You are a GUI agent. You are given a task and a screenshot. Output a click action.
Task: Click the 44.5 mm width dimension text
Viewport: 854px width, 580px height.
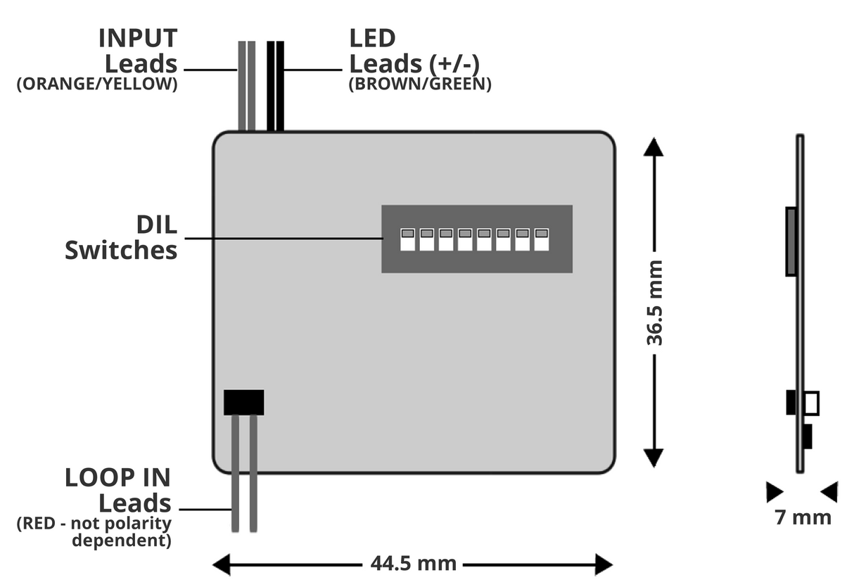point(413,564)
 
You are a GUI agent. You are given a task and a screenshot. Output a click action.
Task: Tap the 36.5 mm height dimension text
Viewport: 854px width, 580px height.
point(655,303)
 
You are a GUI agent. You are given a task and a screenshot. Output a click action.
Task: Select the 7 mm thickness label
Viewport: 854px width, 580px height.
point(803,517)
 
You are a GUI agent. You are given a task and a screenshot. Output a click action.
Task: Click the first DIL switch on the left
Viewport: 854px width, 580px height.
point(407,239)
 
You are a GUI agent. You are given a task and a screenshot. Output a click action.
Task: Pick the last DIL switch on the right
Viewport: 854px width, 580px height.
point(541,239)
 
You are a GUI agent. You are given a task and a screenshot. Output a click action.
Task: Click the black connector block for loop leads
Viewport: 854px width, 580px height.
point(243,402)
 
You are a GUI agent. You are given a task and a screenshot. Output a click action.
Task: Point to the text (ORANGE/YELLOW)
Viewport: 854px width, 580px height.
point(96,84)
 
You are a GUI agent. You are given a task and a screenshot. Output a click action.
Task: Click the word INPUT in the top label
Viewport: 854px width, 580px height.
point(138,37)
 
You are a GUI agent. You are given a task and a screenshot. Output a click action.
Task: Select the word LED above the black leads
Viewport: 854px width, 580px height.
point(373,37)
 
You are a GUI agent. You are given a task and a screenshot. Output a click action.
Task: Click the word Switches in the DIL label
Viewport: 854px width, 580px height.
point(121,250)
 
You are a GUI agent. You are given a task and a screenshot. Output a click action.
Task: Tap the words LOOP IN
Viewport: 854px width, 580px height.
point(117,477)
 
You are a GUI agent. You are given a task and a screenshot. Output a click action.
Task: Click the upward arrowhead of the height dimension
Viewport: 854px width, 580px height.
point(654,147)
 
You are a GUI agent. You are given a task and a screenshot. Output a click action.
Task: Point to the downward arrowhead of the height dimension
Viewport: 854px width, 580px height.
point(654,458)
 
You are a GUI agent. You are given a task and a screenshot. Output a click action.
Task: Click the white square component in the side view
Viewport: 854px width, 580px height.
point(811,403)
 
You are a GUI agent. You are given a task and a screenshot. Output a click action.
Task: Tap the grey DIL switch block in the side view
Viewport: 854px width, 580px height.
point(791,241)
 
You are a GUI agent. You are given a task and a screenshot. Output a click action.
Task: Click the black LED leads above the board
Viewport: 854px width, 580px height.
point(275,84)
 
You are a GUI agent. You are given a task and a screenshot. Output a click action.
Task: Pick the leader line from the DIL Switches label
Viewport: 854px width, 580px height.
point(281,238)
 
